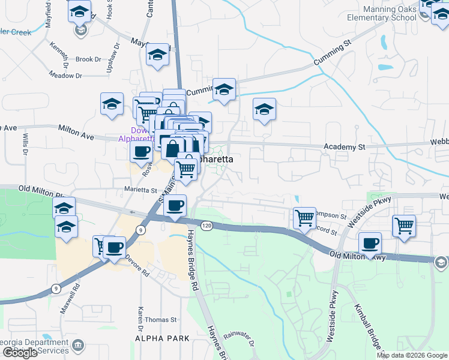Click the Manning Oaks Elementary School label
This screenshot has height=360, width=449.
390,13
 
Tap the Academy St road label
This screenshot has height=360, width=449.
345,146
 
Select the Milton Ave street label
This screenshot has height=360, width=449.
76,132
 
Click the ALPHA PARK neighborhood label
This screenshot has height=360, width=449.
162,338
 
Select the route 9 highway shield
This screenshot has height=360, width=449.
140,230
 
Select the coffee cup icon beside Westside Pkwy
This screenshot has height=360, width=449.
370,244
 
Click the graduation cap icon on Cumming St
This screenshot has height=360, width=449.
224,90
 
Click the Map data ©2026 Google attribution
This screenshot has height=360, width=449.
412,355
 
